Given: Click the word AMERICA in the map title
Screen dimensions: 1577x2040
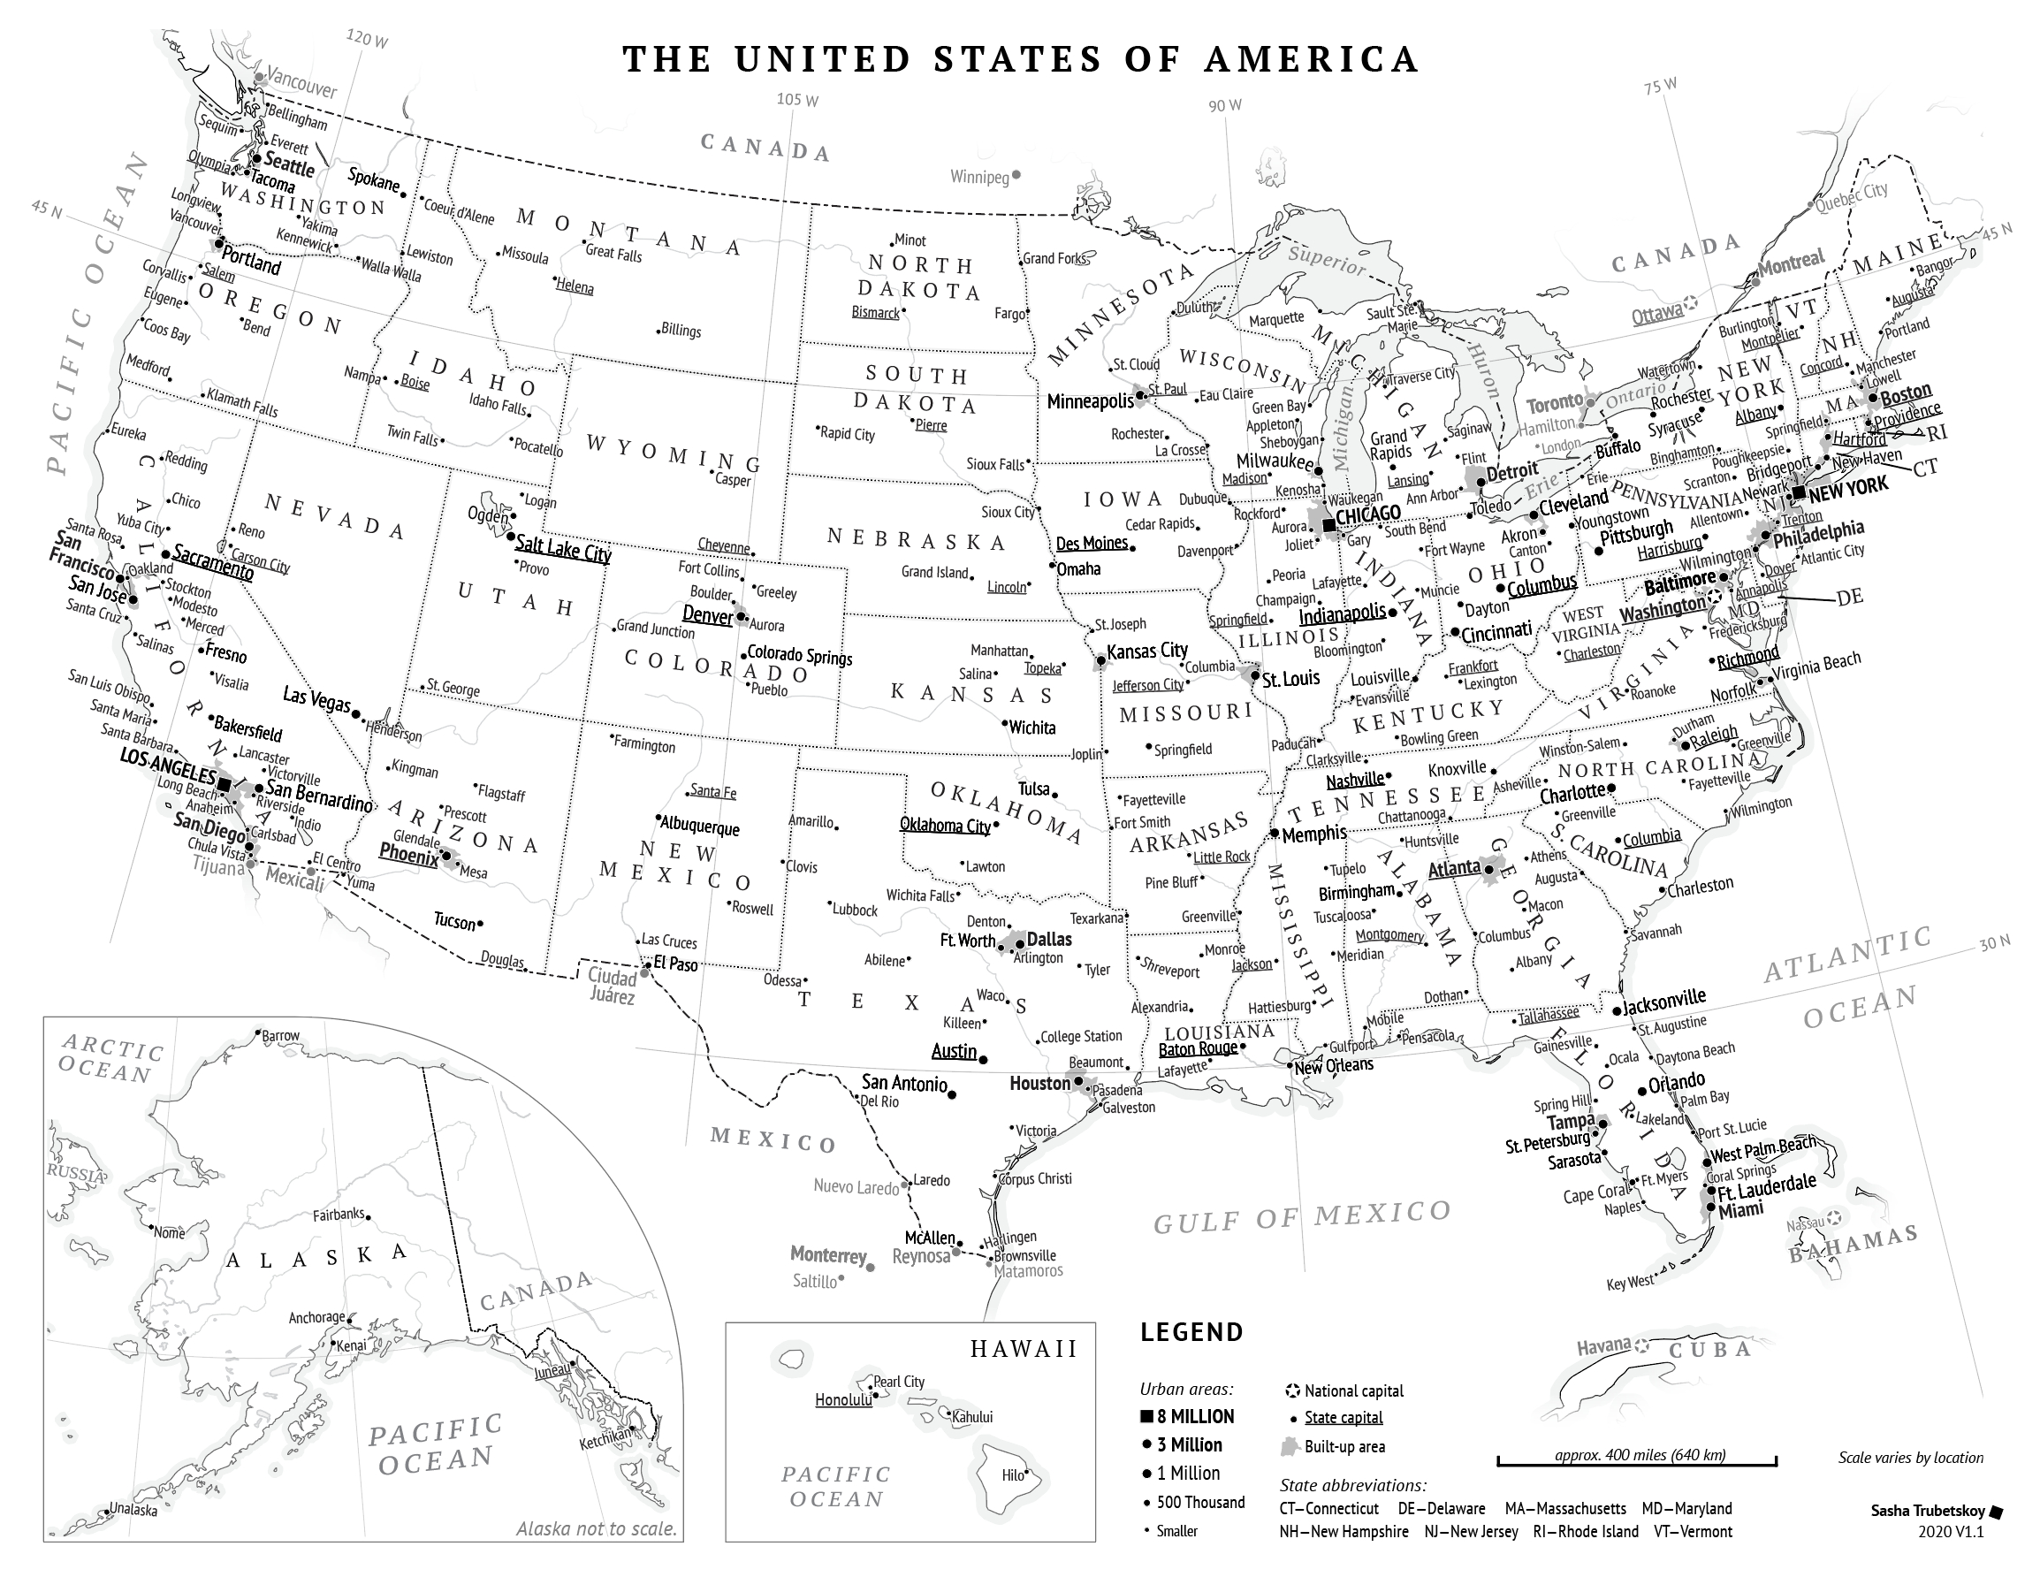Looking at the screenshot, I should pyautogui.click(x=1311, y=59).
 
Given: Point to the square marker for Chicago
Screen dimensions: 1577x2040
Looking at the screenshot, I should pyautogui.click(x=1329, y=526).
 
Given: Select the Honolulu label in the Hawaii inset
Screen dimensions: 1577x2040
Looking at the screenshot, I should pyautogui.click(x=842, y=1400).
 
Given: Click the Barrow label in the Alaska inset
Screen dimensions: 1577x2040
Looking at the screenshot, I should pyautogui.click(x=280, y=1036).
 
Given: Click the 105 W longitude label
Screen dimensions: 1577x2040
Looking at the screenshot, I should pyautogui.click(x=796, y=100).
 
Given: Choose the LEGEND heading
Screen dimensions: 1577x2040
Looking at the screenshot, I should pyautogui.click(x=1191, y=1332).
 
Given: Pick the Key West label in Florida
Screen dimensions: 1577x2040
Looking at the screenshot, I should pyautogui.click(x=1629, y=1283).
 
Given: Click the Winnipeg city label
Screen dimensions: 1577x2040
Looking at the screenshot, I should pyautogui.click(x=980, y=177).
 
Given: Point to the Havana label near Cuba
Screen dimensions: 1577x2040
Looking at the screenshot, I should pyautogui.click(x=1603, y=1347).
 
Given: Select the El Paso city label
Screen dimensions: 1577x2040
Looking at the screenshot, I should pyautogui.click(x=675, y=964).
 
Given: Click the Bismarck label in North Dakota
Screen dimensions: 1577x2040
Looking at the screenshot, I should pyautogui.click(x=875, y=313).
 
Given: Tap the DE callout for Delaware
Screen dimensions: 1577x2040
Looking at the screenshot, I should pyautogui.click(x=1848, y=598).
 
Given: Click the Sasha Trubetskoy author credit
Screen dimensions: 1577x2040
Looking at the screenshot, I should pyautogui.click(x=1927, y=1511).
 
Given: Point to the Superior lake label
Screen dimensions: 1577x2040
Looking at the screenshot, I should pyautogui.click(x=1326, y=259).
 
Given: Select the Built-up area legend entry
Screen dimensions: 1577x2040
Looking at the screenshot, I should pyautogui.click(x=1344, y=1446).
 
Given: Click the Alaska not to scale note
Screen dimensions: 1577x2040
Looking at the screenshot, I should pyautogui.click(x=596, y=1529).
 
